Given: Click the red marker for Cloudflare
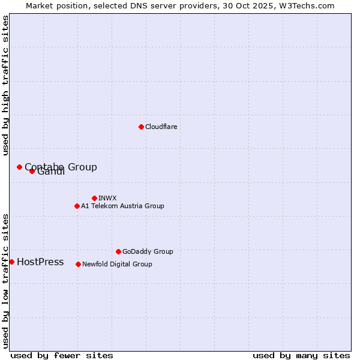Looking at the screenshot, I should tap(141, 127).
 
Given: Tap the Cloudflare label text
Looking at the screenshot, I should tap(161, 127).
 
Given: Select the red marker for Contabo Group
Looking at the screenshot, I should tap(19, 167).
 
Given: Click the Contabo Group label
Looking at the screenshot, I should tap(61, 167).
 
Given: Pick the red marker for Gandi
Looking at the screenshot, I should tap(32, 171).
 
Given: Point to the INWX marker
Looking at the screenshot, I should tap(94, 198).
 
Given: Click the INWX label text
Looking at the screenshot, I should tap(108, 199).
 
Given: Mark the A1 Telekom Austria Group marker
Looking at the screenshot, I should tap(77, 206).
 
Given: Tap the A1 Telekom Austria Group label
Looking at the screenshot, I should tap(122, 206).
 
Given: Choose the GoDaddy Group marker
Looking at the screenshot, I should tap(118, 251).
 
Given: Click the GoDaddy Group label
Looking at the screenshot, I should tap(148, 252).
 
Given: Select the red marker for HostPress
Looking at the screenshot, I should tap(11, 262).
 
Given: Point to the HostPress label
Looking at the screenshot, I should tap(40, 262).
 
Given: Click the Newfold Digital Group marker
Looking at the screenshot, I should tap(78, 264).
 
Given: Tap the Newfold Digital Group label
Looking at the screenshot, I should tap(117, 265).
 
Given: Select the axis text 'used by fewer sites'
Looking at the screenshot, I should tap(62, 355).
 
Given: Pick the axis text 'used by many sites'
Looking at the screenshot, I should tap(301, 355).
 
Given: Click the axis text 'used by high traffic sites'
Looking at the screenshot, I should tap(5, 86).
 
